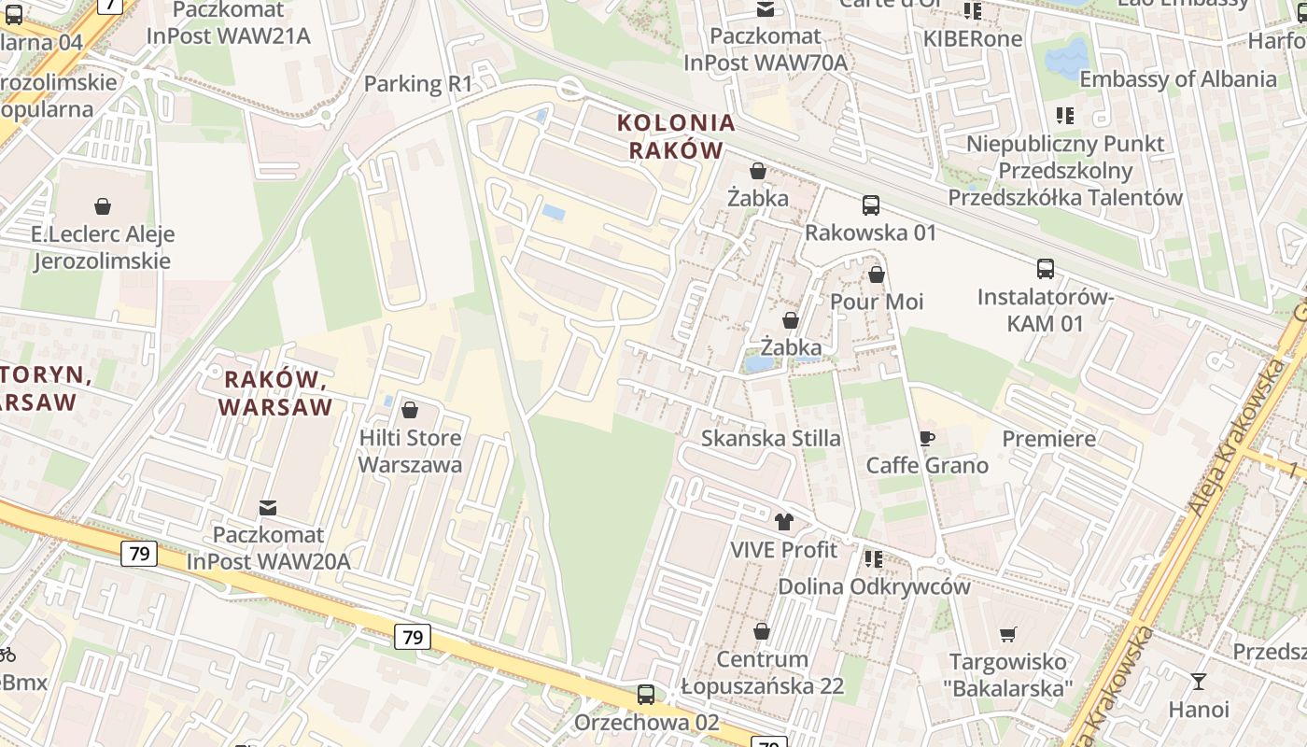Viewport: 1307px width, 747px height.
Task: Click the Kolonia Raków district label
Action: point(676,136)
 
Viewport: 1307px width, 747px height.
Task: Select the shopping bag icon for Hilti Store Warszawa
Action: point(409,410)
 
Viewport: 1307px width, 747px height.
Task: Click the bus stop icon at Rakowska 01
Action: point(870,204)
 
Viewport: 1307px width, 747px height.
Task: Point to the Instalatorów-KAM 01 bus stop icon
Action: point(1045,269)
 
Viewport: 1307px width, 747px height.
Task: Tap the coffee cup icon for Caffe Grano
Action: point(926,438)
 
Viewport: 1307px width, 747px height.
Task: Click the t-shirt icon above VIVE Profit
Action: point(783,522)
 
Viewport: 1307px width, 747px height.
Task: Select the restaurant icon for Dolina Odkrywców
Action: point(873,559)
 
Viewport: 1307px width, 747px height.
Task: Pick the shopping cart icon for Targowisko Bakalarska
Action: point(1007,635)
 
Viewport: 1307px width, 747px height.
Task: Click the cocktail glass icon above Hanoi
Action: point(1199,682)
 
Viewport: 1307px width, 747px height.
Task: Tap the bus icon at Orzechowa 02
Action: point(646,695)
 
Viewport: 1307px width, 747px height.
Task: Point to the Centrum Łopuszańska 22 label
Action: point(762,673)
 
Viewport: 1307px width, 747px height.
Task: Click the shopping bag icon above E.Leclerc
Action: point(103,206)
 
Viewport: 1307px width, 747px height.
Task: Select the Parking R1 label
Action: point(418,84)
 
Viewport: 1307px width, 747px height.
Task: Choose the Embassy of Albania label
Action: point(1178,79)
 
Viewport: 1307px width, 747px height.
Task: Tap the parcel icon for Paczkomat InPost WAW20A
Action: point(268,508)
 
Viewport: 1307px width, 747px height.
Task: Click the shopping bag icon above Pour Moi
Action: point(876,275)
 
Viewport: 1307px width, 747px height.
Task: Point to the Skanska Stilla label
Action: point(770,438)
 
